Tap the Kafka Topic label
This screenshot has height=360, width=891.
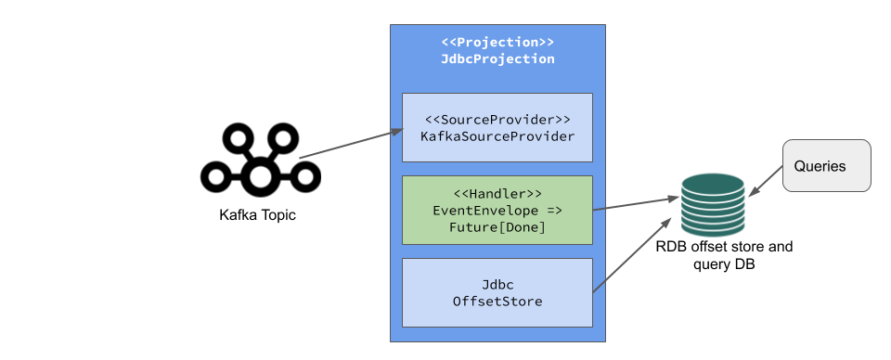pyautogui.click(x=258, y=215)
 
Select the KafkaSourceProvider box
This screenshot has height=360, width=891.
pyautogui.click(x=497, y=127)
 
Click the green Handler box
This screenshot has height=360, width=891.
pyautogui.click(x=497, y=210)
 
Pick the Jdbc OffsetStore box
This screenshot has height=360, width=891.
pyautogui.click(x=497, y=291)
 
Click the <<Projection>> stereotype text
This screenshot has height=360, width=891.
pyautogui.click(x=497, y=43)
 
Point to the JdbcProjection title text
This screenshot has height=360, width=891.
pyautogui.click(x=497, y=58)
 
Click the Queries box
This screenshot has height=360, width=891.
pyautogui.click(x=827, y=166)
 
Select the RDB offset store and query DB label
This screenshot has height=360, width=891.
pyautogui.click(x=724, y=256)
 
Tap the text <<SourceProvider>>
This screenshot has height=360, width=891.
pyautogui.click(x=497, y=120)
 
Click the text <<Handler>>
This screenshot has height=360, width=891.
pyautogui.click(x=497, y=194)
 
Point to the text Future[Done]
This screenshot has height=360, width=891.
pyautogui.click(x=497, y=226)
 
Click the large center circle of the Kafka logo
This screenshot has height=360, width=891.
pyautogui.click(x=261, y=174)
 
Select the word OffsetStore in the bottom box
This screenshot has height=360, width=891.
pyautogui.click(x=497, y=301)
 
